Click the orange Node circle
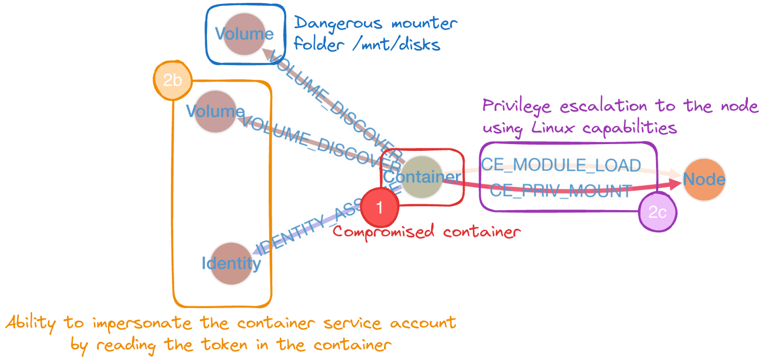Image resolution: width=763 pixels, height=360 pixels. [x=704, y=180]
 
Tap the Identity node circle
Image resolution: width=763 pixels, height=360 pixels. [x=232, y=264]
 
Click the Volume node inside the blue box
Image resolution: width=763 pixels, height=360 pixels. [x=244, y=34]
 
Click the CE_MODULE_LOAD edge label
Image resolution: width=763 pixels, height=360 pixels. [x=561, y=165]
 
